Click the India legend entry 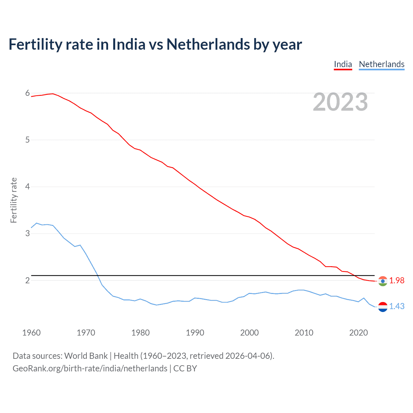click(343, 64)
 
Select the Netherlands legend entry click(381, 64)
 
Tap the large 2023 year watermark click(340, 102)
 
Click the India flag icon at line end click(383, 281)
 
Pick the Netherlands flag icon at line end click(383, 307)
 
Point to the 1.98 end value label click(397, 281)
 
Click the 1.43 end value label click(397, 306)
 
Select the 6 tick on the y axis click(27, 93)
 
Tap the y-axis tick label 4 click(27, 186)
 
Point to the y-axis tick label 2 click(27, 280)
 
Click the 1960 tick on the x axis click(31, 333)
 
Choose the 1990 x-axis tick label click(195, 333)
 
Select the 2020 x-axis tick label click(358, 333)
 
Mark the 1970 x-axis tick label click(86, 333)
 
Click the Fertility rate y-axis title click(14, 200)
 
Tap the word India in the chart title click(128, 44)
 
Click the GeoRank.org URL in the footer click(90, 368)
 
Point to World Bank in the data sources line click(86, 356)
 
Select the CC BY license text click(185, 368)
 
